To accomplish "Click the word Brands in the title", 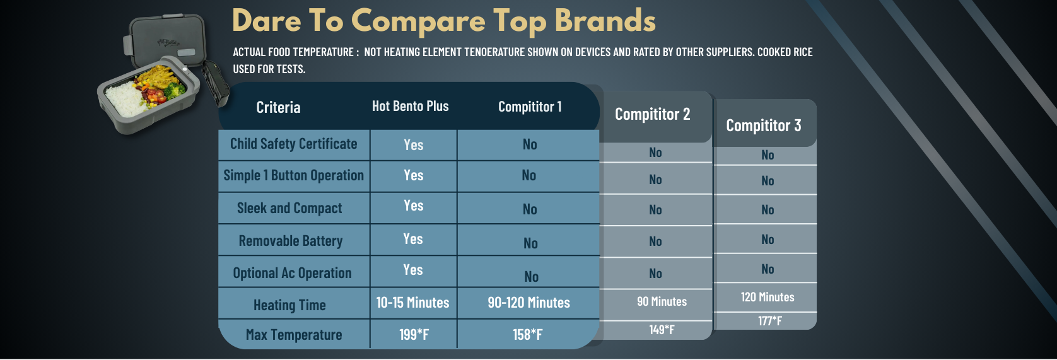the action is (x=605, y=21).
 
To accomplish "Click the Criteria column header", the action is (x=278, y=108).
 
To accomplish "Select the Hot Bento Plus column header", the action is (x=410, y=106).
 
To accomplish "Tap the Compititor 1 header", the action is (x=530, y=107).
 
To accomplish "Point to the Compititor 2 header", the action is (x=653, y=114).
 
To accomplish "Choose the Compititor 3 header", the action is (x=764, y=125).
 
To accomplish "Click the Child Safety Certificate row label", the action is (x=293, y=144).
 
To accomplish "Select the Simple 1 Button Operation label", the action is (x=293, y=175).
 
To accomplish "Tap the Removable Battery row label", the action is (x=291, y=241).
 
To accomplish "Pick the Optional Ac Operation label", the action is (x=292, y=273).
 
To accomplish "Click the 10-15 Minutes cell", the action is (x=412, y=303).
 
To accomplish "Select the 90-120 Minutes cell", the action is (x=529, y=303).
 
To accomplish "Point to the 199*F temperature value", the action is (x=414, y=335).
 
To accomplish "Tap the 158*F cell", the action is (x=528, y=335).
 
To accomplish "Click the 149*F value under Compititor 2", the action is (x=662, y=330).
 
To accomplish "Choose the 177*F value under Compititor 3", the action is (x=770, y=322).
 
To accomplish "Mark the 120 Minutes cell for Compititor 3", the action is (x=768, y=297).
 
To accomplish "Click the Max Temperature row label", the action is (x=293, y=335).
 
